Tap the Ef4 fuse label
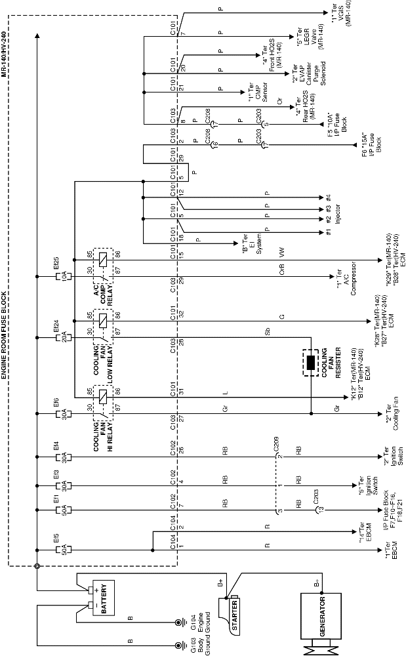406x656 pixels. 56,447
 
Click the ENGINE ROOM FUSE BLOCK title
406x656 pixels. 5,335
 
